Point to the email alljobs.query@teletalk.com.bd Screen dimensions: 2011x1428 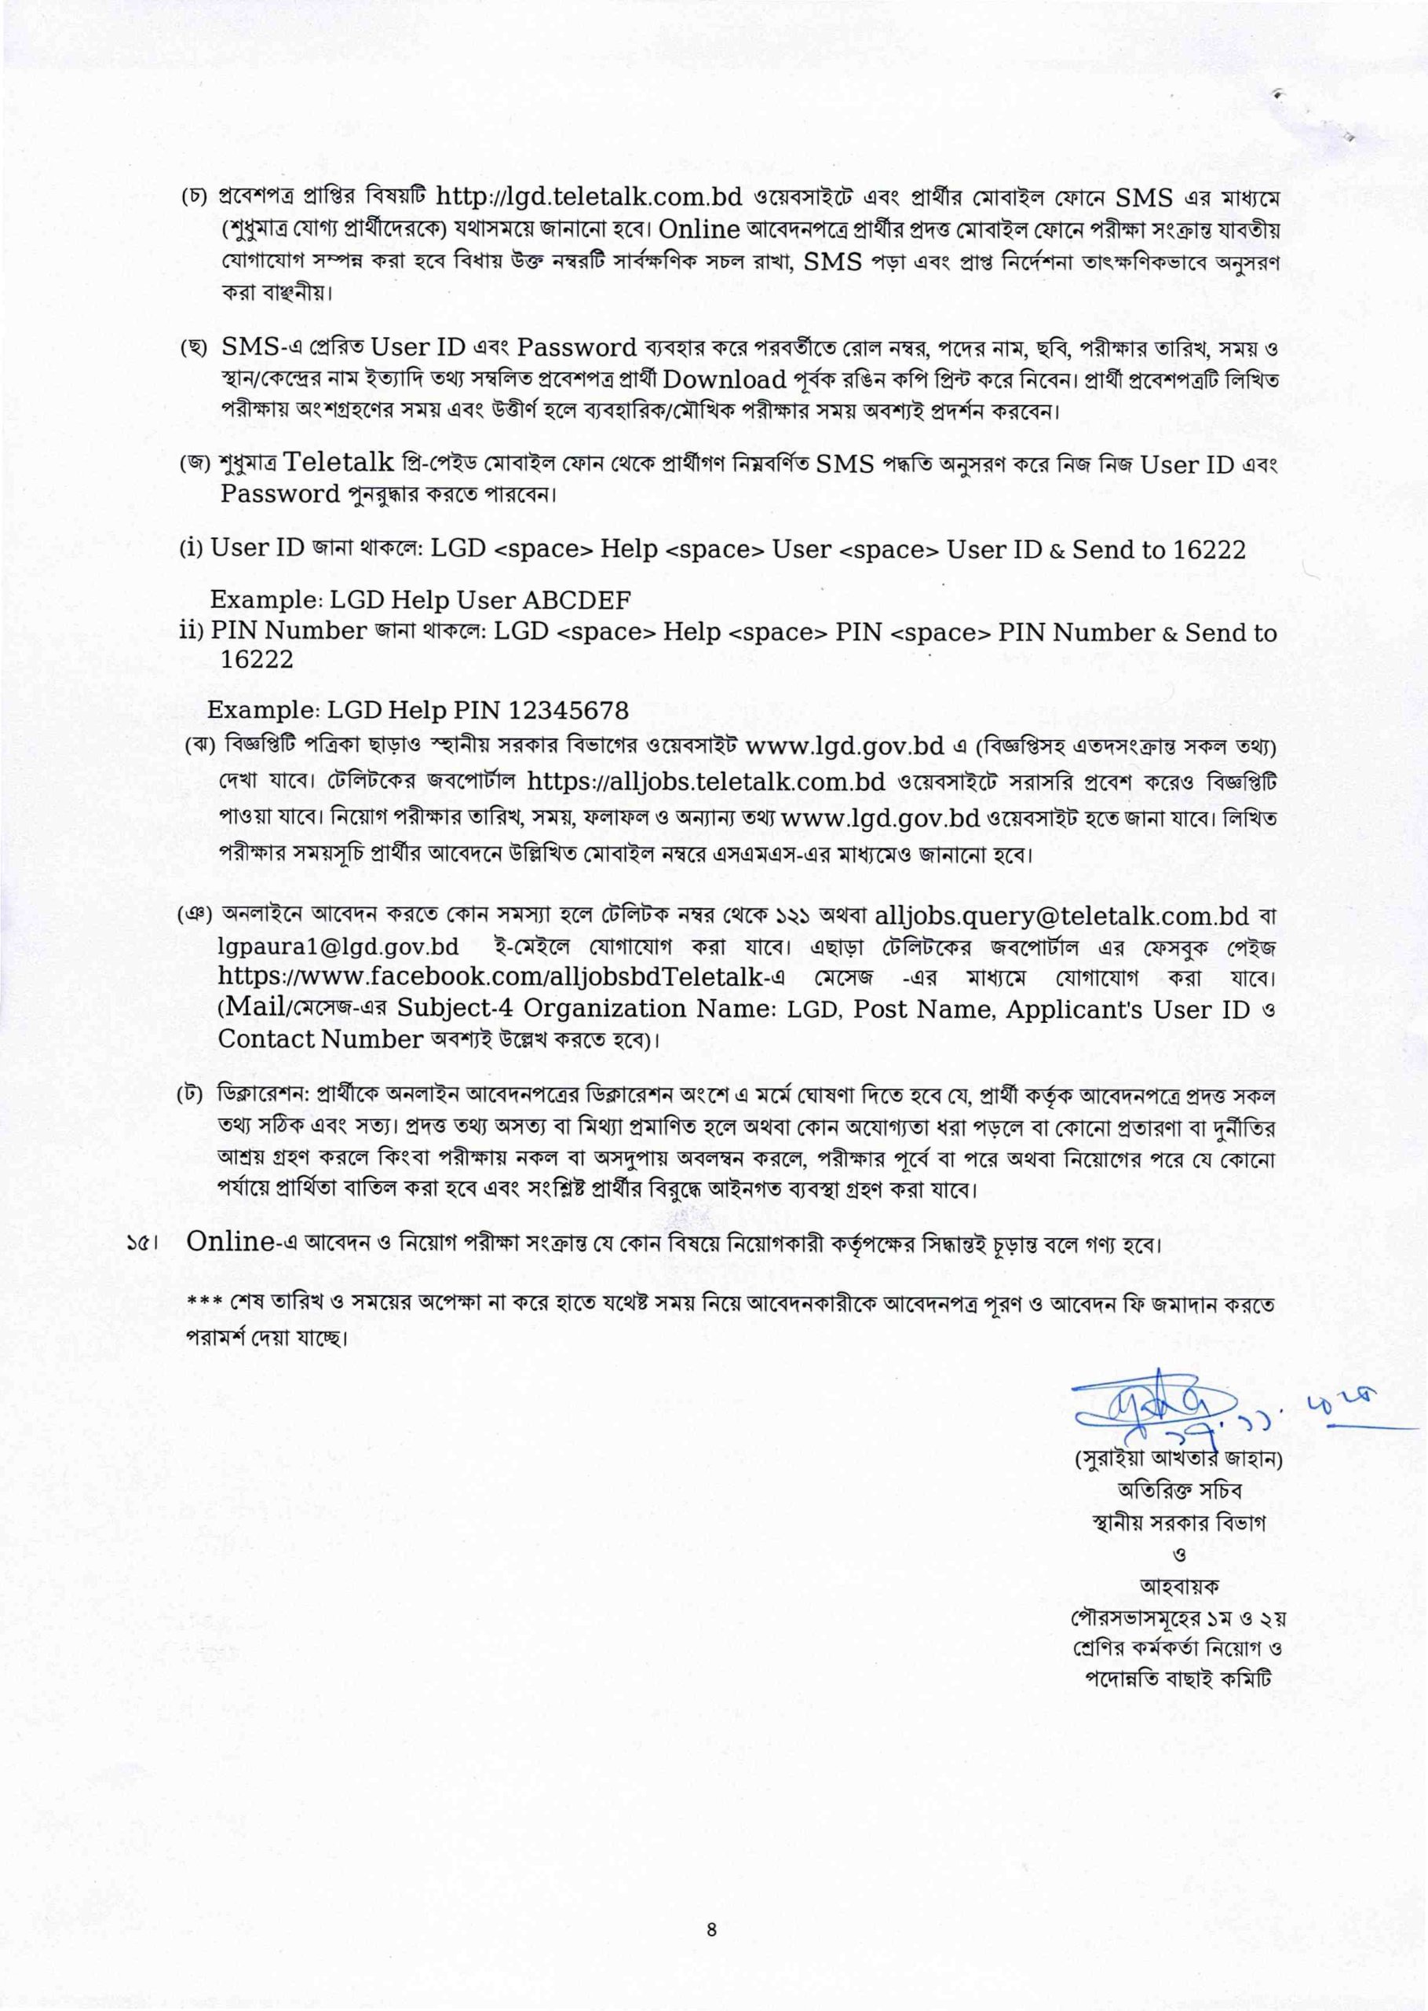click(x=1061, y=916)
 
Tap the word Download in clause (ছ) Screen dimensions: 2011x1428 click(x=724, y=380)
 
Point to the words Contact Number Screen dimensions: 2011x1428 click(x=321, y=1039)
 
